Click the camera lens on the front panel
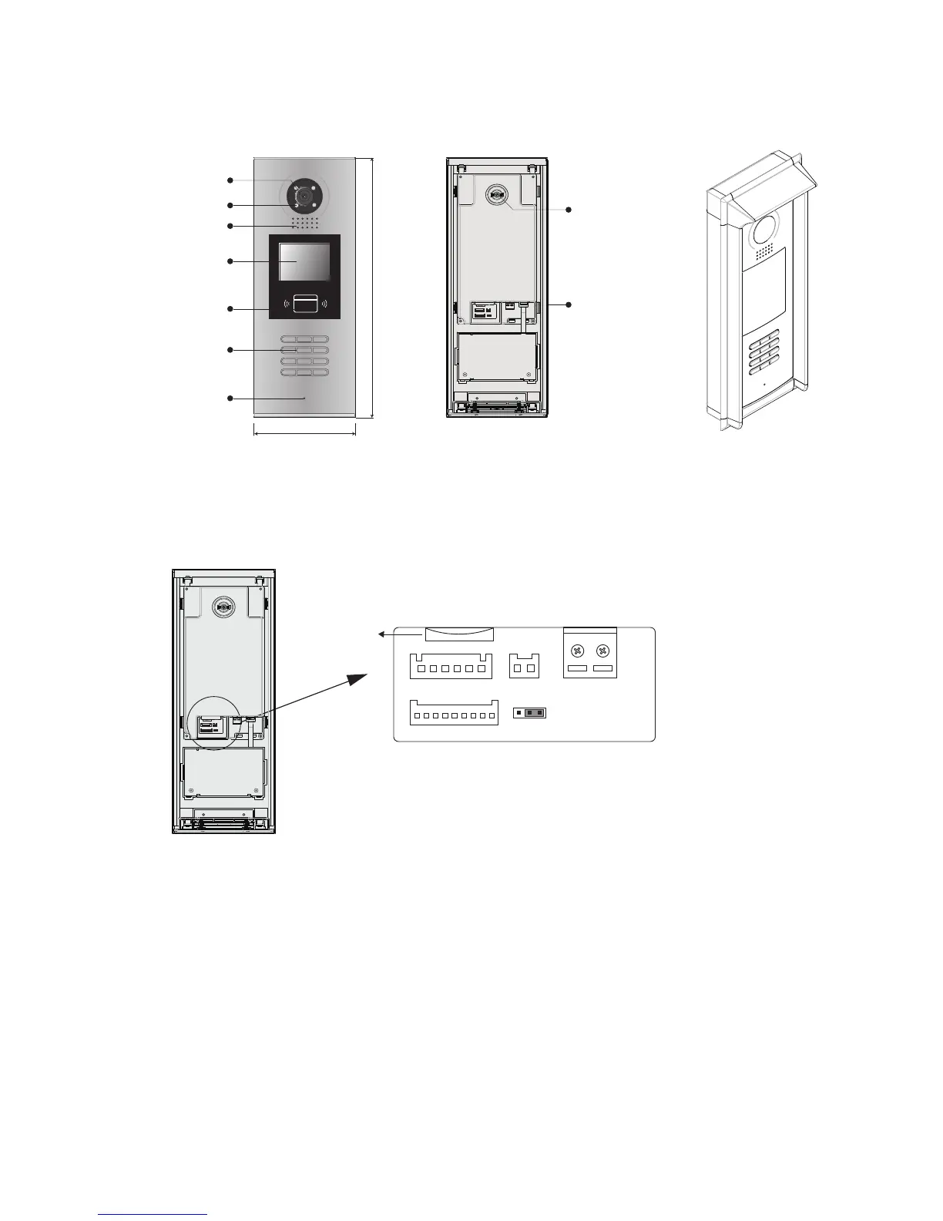pos(304,197)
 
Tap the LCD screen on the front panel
pos(304,261)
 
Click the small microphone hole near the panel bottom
pos(304,399)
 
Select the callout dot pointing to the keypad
pos(230,350)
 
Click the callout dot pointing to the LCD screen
pos(230,261)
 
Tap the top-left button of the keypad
pos(288,339)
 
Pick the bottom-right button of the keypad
pos(320,373)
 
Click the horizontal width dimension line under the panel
pos(304,433)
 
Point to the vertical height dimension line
pos(373,288)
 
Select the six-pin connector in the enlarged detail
pos(451,666)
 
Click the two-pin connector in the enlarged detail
pos(525,666)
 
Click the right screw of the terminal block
pos(603,651)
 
